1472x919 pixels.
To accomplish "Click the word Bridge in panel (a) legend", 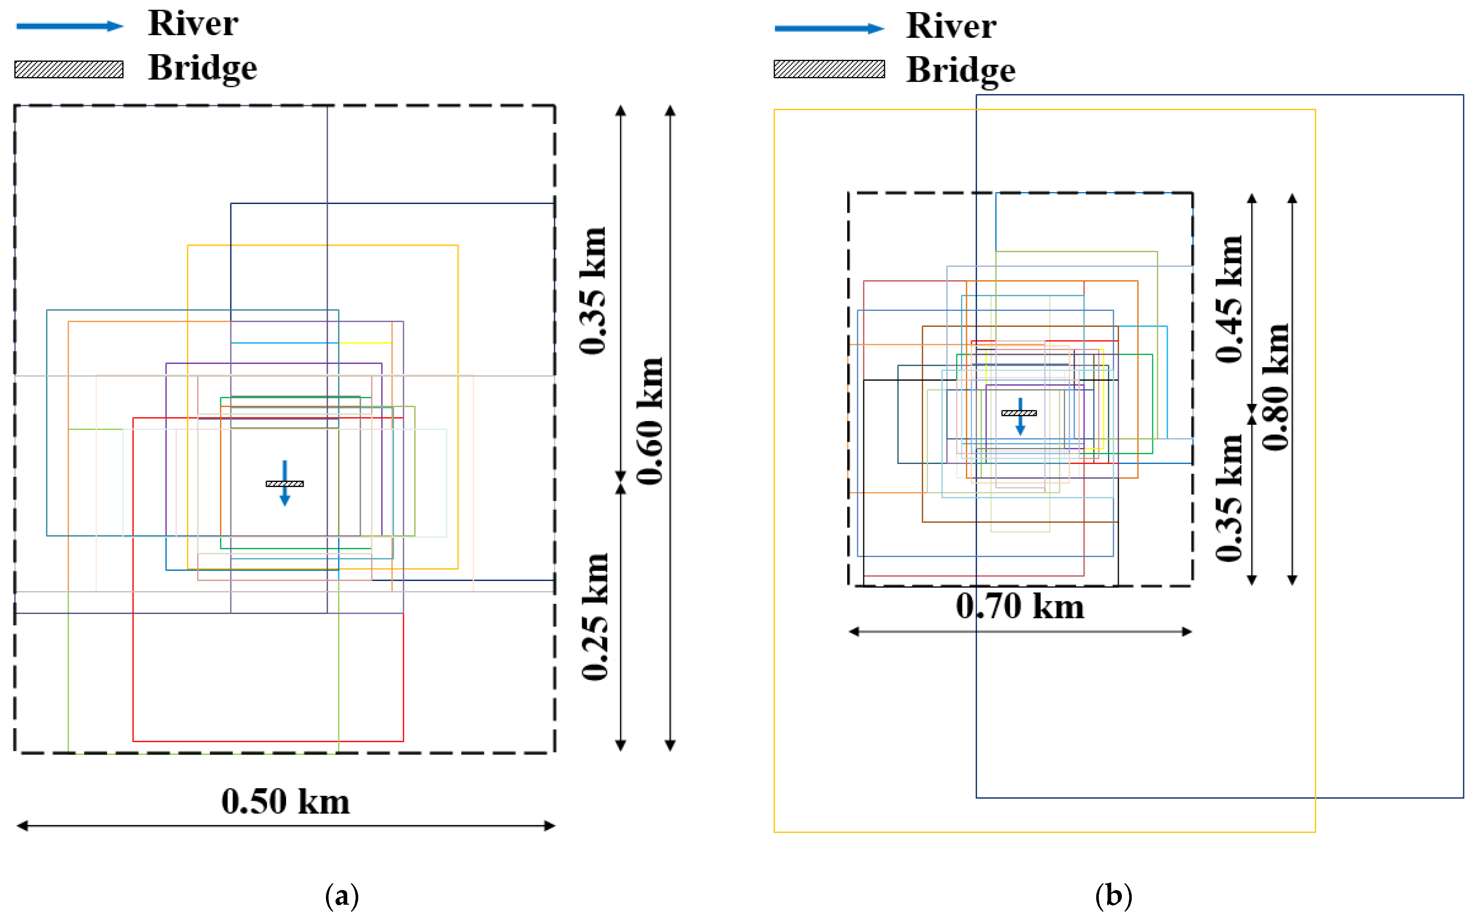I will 203,67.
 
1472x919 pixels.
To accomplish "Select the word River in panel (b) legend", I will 951,26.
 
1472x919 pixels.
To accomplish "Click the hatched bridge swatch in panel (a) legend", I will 69,69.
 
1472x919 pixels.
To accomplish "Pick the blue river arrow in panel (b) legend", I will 829,29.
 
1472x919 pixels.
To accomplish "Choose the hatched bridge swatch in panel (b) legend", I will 829,69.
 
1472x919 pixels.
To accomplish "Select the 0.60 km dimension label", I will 649,421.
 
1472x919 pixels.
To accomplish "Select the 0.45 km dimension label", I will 1229,299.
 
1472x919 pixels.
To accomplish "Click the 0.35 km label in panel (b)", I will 1229,498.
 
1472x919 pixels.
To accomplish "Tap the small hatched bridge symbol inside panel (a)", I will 285,484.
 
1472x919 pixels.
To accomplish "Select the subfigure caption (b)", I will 1113,896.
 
